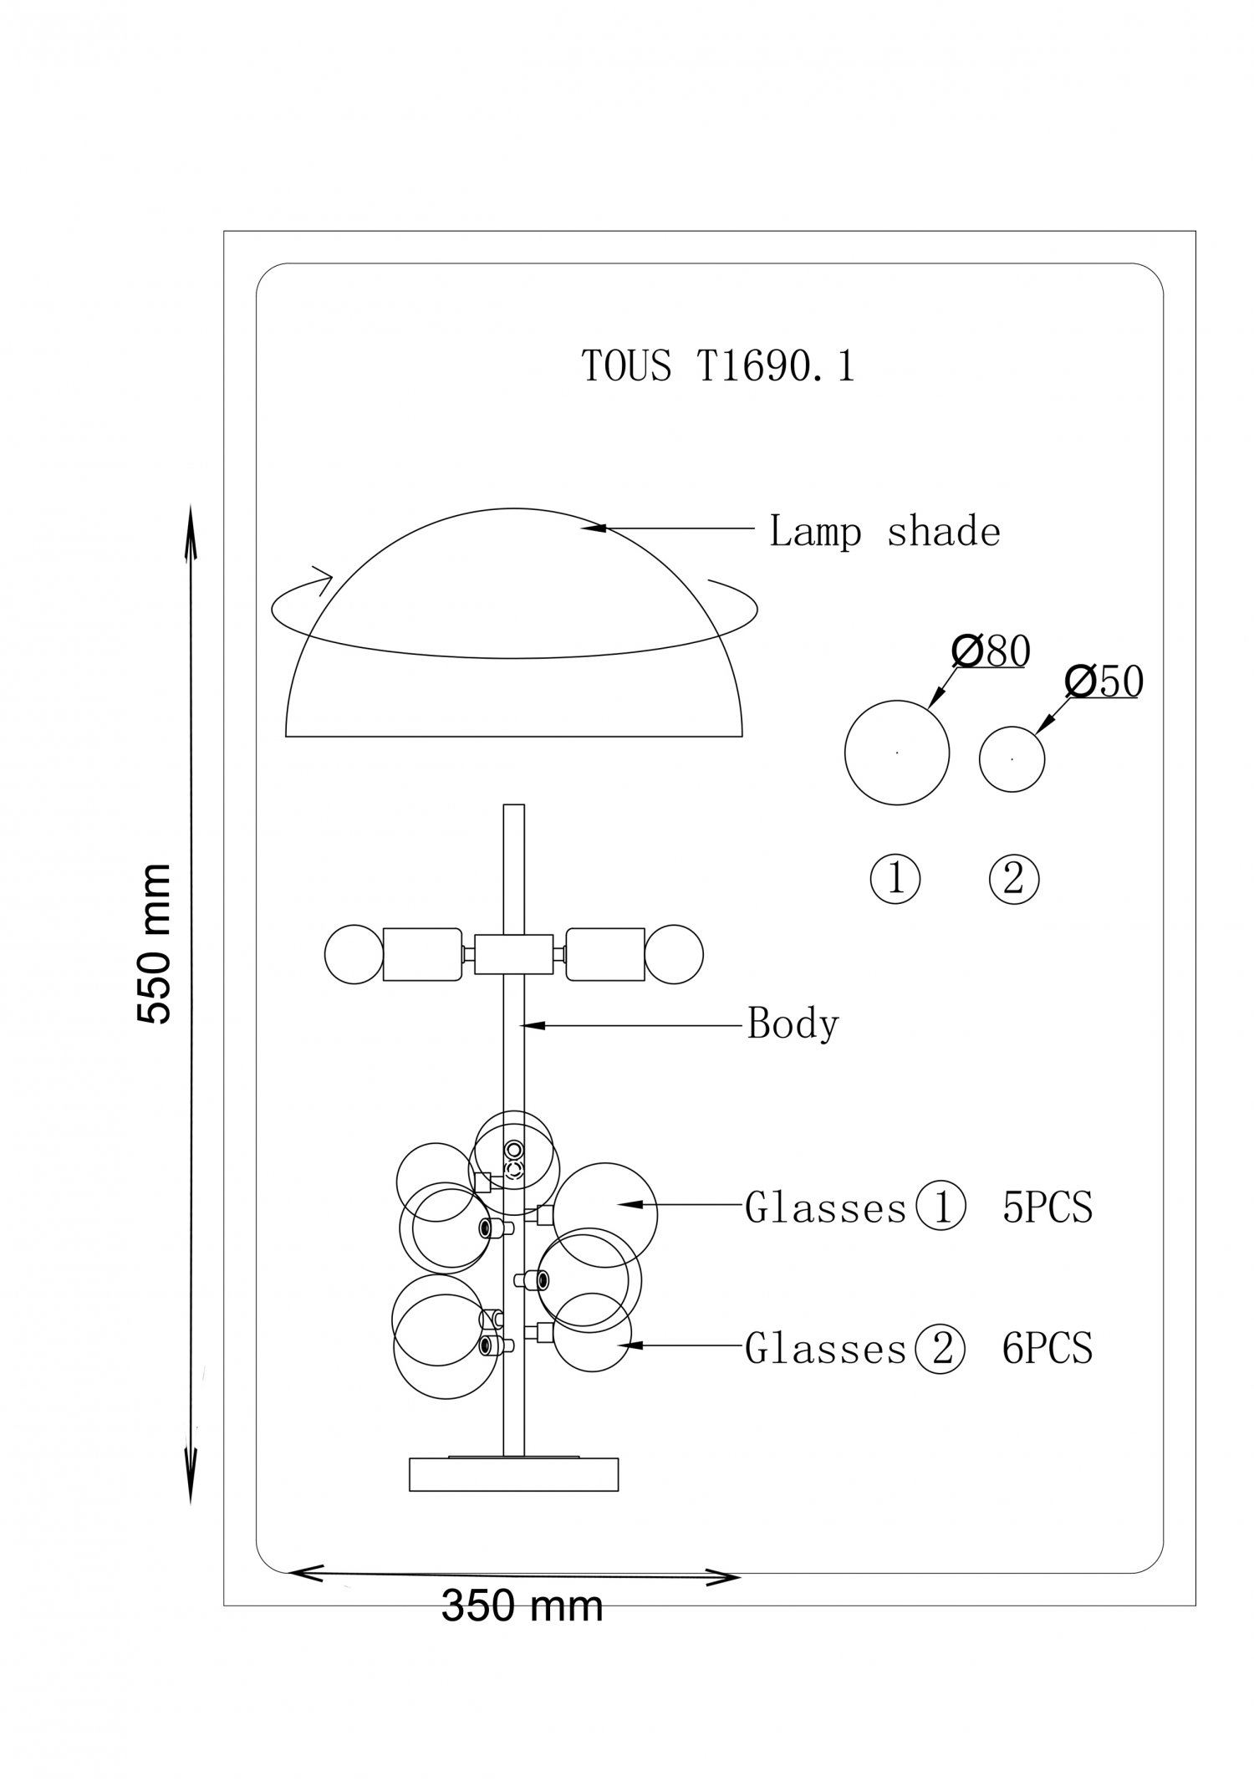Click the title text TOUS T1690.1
718,366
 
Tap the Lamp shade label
884,532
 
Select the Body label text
793,1024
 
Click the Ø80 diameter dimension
991,651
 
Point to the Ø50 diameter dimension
1104,682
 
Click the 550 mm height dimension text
154,944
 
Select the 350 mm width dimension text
522,1606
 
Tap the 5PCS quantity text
1048,1207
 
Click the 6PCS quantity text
1048,1348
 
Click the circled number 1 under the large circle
895,879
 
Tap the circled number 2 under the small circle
1013,879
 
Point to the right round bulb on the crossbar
674,953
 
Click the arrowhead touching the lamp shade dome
594,528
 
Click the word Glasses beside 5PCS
826,1208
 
